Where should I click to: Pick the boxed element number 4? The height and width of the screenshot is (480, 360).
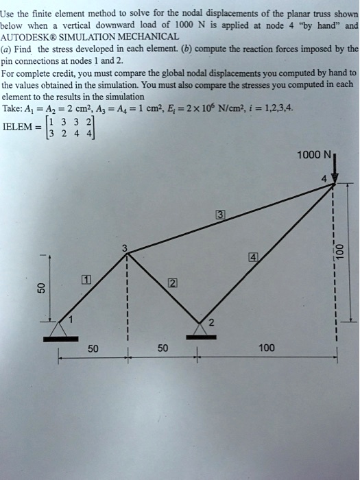tap(252, 258)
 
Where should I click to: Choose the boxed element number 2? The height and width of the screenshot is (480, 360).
tap(171, 283)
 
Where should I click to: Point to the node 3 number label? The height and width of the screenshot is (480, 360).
tap(124, 249)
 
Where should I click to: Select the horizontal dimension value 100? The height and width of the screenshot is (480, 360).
tap(267, 348)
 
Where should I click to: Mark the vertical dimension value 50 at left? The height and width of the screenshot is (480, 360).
tap(41, 287)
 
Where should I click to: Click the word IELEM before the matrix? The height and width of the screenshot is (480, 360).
tap(22, 127)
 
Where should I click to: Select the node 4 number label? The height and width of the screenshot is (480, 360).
tap(324, 178)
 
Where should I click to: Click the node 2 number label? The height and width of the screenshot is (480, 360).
tap(211, 322)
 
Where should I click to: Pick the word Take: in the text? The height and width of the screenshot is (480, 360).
tap(14, 108)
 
